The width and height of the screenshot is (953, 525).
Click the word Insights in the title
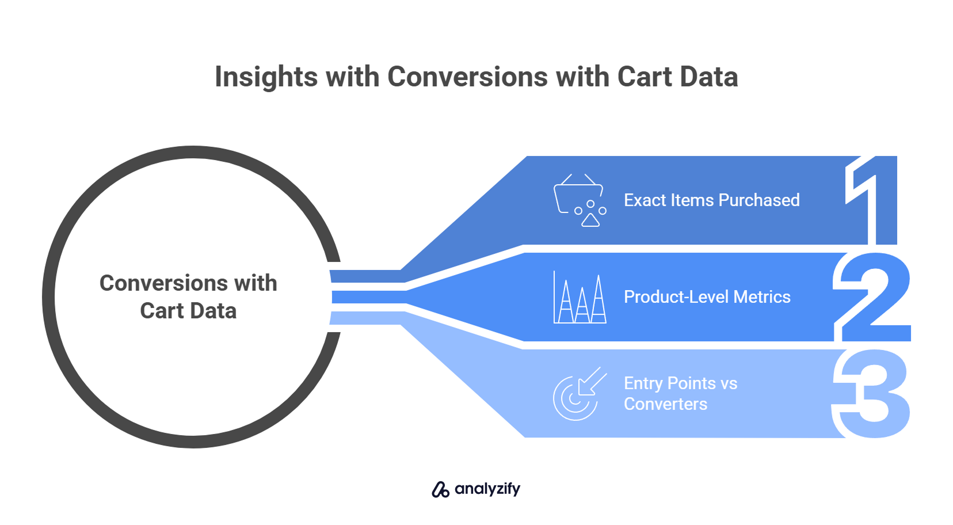[266, 78]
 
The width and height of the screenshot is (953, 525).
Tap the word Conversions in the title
[467, 77]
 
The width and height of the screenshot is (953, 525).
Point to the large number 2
[872, 297]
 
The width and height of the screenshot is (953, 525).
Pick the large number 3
[871, 394]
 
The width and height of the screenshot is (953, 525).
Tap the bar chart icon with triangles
[580, 297]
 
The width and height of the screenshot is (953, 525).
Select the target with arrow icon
[580, 394]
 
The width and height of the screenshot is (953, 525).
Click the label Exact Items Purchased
[712, 200]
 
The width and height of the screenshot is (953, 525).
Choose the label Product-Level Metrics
[707, 297]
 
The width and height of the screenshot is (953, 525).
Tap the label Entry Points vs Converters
[680, 394]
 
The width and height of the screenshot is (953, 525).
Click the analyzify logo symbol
[440, 489]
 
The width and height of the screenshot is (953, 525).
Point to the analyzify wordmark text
[487, 489]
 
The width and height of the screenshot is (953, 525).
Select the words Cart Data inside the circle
[188, 311]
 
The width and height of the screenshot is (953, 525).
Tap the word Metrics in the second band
[762, 297]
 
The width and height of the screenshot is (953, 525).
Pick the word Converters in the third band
[665, 404]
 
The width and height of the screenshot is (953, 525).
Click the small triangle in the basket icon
[590, 220]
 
